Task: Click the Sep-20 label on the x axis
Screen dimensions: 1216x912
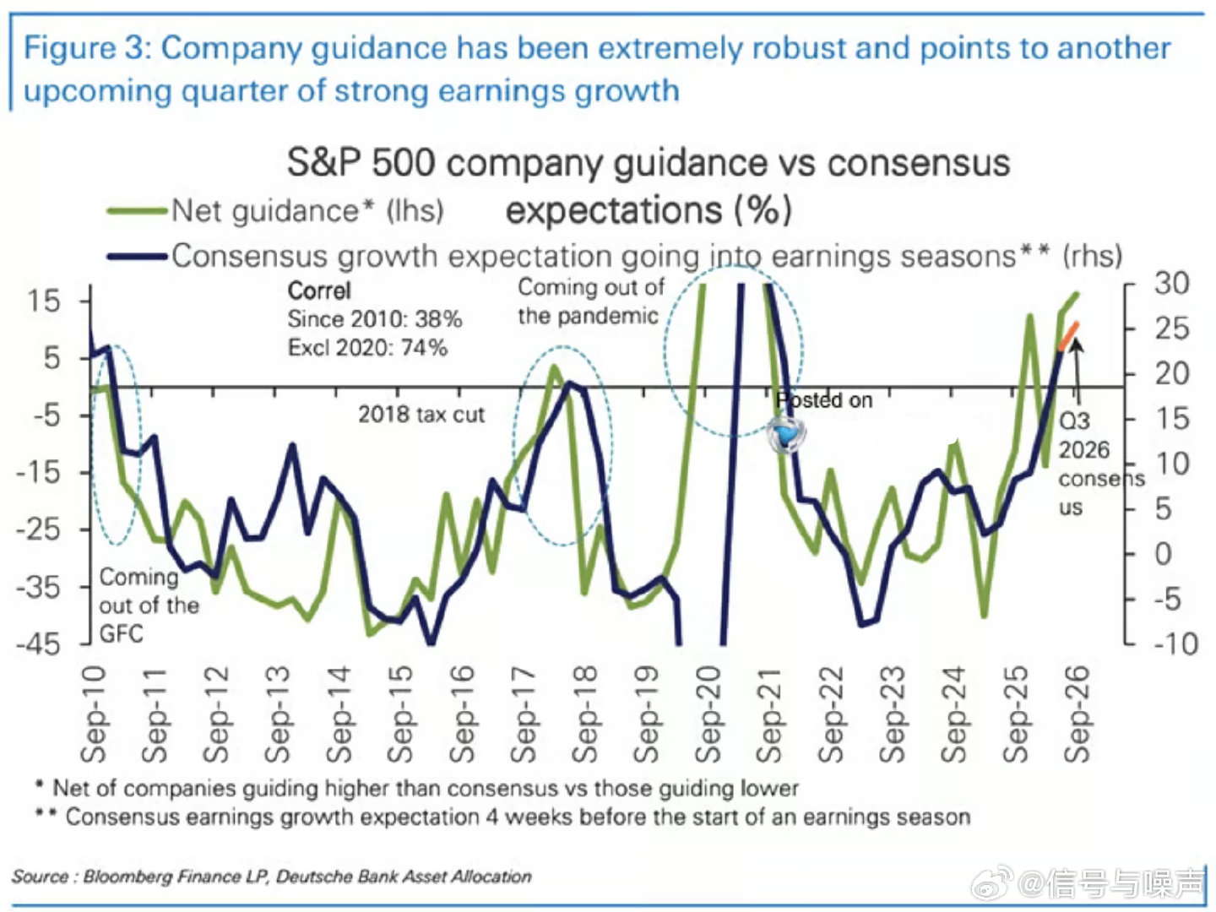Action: (x=708, y=714)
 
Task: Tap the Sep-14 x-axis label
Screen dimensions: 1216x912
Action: (x=339, y=714)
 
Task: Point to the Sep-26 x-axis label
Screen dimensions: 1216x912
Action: (x=1077, y=714)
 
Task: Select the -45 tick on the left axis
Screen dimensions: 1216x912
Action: (x=38, y=644)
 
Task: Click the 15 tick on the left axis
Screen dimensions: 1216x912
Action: (x=43, y=301)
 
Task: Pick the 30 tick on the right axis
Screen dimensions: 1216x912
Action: (x=1172, y=284)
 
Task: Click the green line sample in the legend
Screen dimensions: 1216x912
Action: (x=137, y=211)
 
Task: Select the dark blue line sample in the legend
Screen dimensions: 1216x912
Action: (x=137, y=257)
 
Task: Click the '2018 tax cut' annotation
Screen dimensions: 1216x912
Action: (x=421, y=415)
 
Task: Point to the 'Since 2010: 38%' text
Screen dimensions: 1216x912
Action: (x=374, y=319)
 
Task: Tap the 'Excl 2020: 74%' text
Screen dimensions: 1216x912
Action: (x=367, y=348)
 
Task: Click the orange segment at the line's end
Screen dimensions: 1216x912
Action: (x=1068, y=336)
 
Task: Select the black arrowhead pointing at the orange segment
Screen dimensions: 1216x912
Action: (x=1076, y=345)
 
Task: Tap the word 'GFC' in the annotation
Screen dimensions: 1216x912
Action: (x=122, y=633)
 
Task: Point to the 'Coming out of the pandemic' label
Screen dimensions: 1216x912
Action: (x=591, y=301)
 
